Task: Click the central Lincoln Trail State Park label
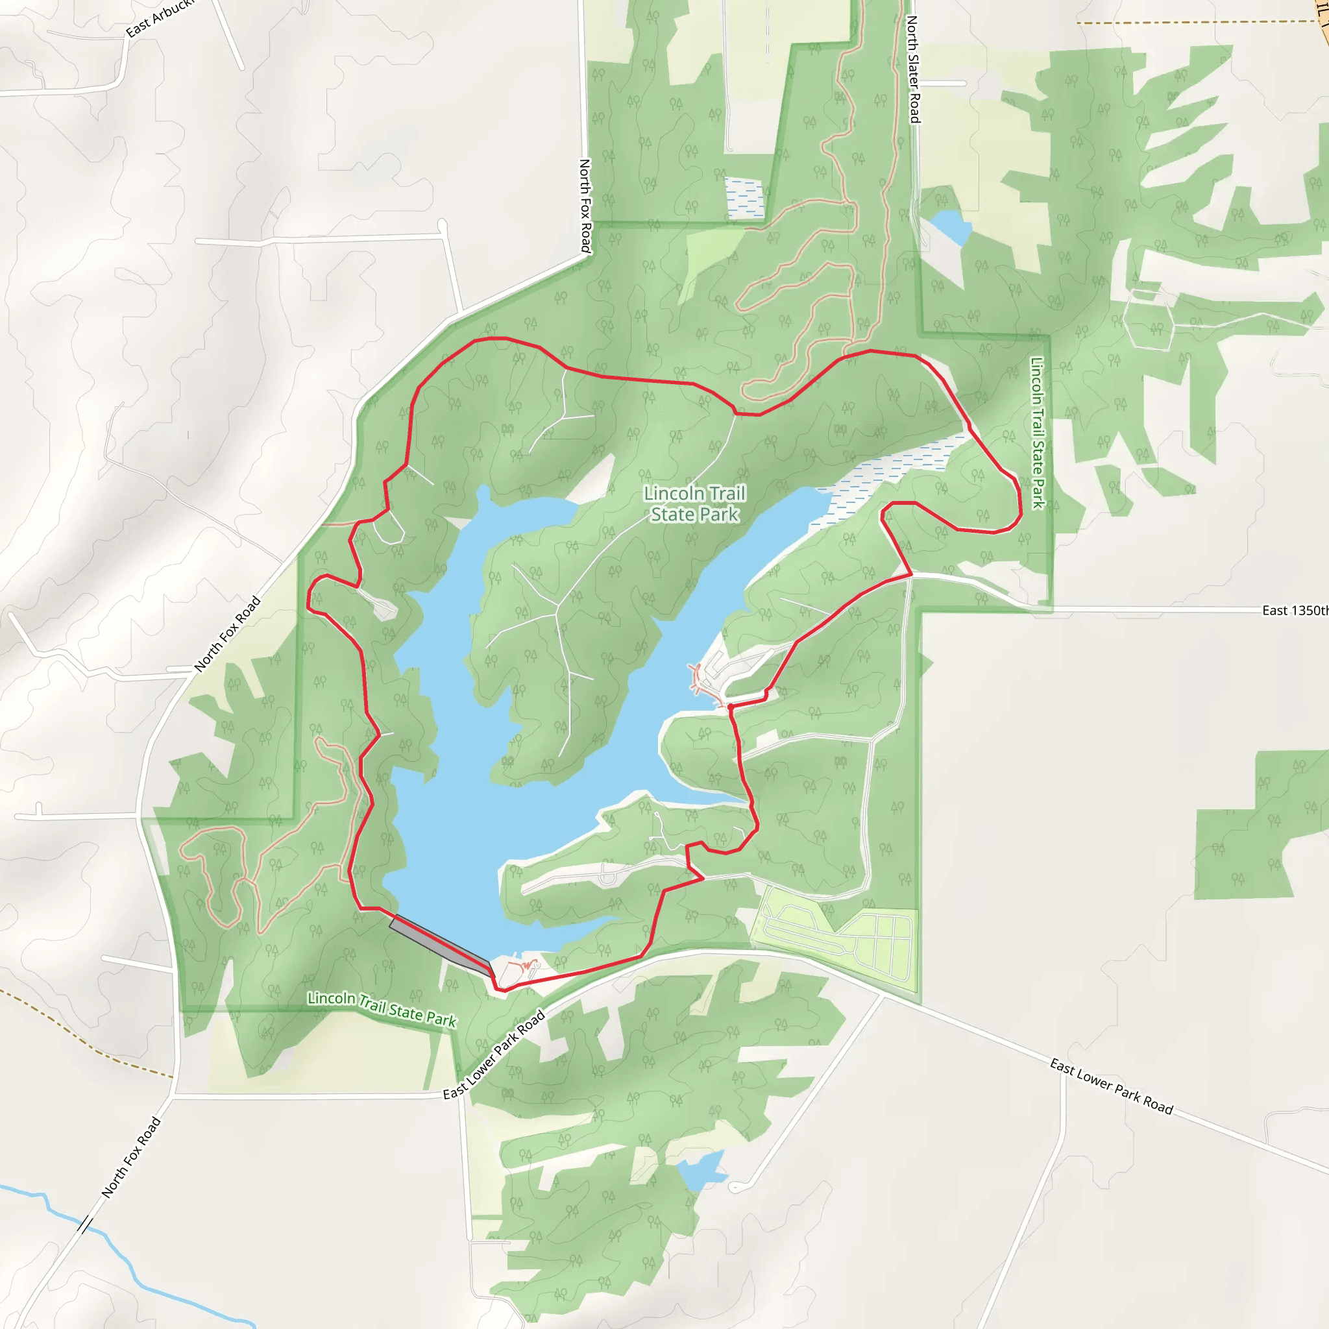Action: (x=695, y=504)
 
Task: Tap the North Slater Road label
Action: (x=913, y=69)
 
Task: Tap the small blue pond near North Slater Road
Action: (x=951, y=226)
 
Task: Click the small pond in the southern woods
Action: (x=701, y=1170)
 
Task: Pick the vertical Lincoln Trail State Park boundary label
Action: (x=1038, y=433)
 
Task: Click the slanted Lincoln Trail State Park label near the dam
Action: (x=382, y=1008)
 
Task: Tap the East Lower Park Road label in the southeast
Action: (x=1111, y=1086)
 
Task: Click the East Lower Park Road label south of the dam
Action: (x=493, y=1055)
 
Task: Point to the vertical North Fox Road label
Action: (x=585, y=206)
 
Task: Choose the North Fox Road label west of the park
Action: (x=227, y=633)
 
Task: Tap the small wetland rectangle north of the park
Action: (x=744, y=198)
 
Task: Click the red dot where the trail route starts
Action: (x=730, y=707)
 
